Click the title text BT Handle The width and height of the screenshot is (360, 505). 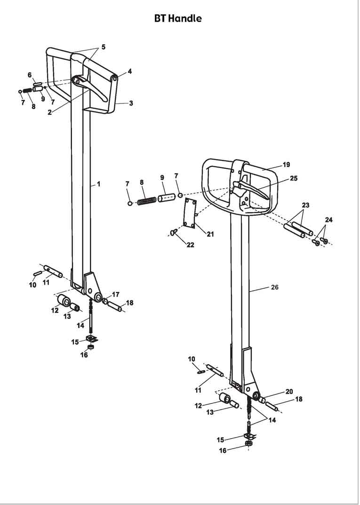click(178, 19)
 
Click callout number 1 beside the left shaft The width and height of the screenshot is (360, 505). click(99, 184)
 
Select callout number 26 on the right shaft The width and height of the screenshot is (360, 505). click(274, 287)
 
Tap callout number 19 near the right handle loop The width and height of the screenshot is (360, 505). click(286, 165)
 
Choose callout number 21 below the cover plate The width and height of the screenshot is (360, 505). click(210, 234)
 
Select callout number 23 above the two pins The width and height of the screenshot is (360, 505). click(306, 205)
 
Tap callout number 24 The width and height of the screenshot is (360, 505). click(328, 220)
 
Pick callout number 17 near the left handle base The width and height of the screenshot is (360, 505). click(115, 294)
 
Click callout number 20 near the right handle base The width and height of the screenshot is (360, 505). click(289, 392)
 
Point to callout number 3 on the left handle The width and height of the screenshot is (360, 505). click(131, 103)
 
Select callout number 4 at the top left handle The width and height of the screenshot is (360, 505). click(129, 72)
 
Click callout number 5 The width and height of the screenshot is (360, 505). click(103, 47)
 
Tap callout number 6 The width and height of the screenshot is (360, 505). click(30, 75)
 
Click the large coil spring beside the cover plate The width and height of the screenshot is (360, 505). click(146, 201)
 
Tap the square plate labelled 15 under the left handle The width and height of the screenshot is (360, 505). click(91, 339)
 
